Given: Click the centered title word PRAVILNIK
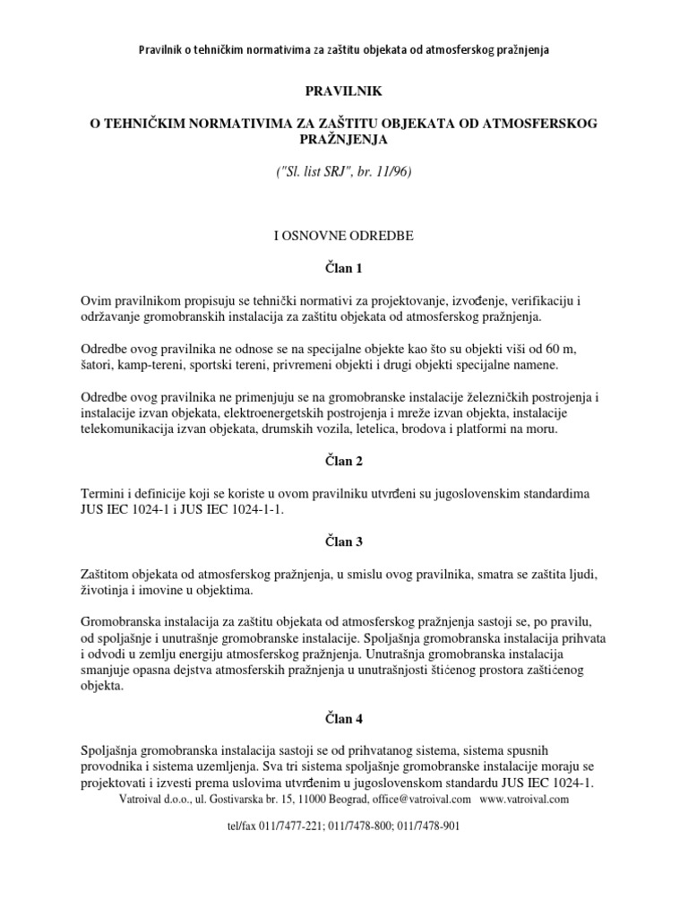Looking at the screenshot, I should [343, 91].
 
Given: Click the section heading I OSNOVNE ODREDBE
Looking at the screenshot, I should [343, 235].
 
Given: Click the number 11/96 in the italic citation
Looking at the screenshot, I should [391, 170].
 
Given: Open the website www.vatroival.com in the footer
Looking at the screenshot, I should [524, 799].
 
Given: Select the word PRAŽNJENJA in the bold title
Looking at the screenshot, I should [343, 138].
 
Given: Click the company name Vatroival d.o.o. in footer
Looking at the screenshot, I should [158, 799].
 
